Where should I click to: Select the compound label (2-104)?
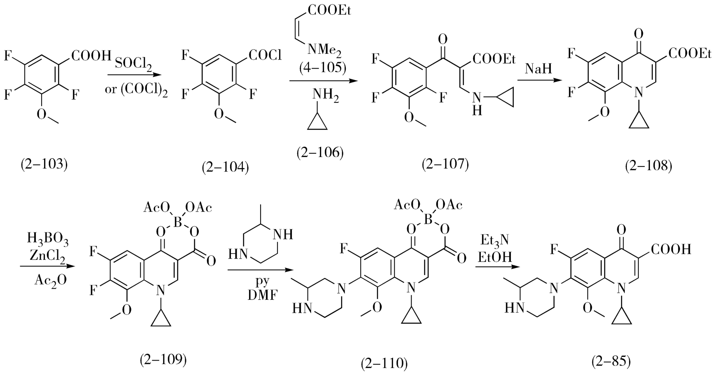tap(226, 167)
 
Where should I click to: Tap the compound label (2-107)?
tap(445, 164)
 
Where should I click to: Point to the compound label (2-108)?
tap(648, 166)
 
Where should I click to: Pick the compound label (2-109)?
tap(163, 359)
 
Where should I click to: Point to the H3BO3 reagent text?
tap(48, 239)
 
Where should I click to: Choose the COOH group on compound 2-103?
tap(91, 55)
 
